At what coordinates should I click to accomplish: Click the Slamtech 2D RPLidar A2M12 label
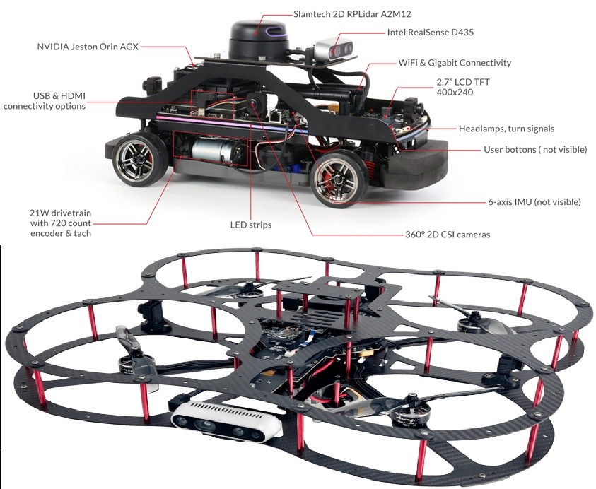tap(352, 14)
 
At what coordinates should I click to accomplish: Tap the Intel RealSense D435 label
tap(431, 33)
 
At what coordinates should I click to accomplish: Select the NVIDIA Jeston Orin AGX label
tap(88, 47)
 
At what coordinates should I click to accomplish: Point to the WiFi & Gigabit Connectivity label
tap(455, 63)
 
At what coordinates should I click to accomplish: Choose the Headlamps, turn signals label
tap(506, 129)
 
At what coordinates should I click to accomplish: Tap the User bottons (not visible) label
tap(535, 149)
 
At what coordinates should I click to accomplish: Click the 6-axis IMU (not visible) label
tap(534, 202)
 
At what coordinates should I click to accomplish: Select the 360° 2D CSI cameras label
tap(448, 235)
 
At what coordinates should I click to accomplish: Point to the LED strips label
tap(251, 225)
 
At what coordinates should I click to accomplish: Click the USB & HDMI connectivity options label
tap(45, 100)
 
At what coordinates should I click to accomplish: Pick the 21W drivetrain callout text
tap(61, 223)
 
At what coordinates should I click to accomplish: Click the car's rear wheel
tap(139, 160)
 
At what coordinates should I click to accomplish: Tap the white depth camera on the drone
tap(226, 420)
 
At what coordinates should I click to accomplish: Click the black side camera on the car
tap(255, 103)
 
